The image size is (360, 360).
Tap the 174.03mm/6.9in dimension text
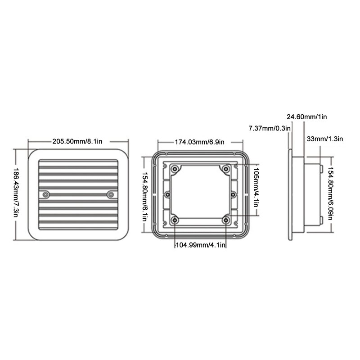click(199, 142)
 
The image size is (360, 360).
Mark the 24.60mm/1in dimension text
click(308, 117)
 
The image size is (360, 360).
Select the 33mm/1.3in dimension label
click(324, 139)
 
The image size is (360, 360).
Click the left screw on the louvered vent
click(45, 194)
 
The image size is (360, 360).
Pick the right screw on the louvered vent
click(110, 194)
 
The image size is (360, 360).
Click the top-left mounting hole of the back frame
click(175, 169)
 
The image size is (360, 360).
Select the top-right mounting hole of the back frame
click(226, 169)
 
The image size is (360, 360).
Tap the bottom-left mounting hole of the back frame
click(175, 220)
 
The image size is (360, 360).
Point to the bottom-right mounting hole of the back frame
click(226, 220)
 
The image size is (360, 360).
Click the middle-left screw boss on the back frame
click(168, 194)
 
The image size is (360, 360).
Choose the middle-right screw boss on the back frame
click(233, 194)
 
